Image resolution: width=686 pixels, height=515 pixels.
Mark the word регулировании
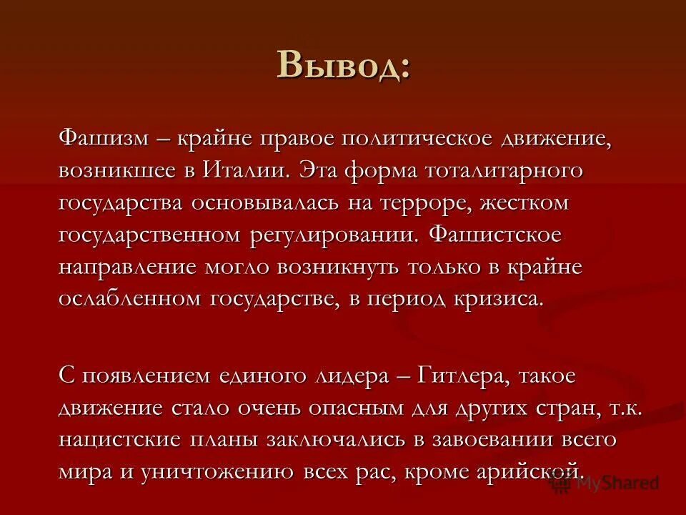pyautogui.click(x=332, y=235)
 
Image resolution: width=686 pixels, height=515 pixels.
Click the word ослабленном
pyautogui.click(x=131, y=298)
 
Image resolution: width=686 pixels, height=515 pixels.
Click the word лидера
pyautogui.click(x=349, y=376)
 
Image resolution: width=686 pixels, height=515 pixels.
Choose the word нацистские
pyautogui.click(x=117, y=439)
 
